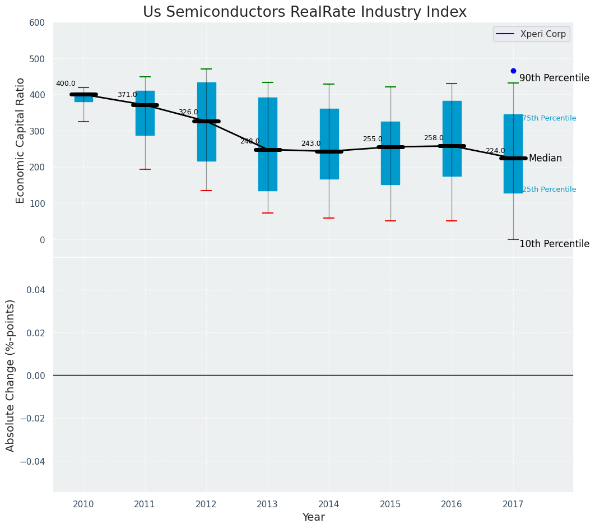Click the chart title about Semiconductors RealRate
(304, 12)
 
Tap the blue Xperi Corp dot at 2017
(513, 71)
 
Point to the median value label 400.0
(66, 84)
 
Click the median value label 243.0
(311, 144)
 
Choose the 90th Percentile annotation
(554, 78)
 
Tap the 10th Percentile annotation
(554, 244)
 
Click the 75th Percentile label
(549, 118)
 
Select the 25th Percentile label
(549, 189)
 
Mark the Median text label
(545, 159)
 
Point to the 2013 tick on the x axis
(267, 504)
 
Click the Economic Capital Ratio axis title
(21, 140)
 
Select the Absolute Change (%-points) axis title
(11, 375)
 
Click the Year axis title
(313, 517)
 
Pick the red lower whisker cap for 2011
(145, 169)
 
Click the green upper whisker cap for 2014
(329, 84)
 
